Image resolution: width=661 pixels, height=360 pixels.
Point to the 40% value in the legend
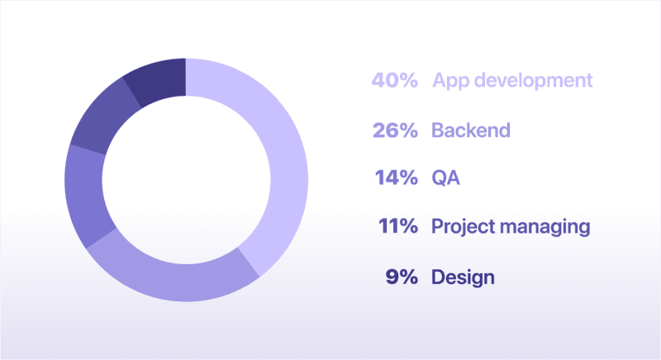(x=395, y=80)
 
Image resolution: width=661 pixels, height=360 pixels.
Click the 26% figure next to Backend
(x=396, y=130)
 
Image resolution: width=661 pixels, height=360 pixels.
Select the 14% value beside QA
(x=397, y=178)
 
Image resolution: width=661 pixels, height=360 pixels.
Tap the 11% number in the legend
(x=398, y=226)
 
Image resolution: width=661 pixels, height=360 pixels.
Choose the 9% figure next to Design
(x=402, y=277)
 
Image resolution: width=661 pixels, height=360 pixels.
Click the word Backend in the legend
(x=471, y=130)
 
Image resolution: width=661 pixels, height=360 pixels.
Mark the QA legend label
(x=445, y=178)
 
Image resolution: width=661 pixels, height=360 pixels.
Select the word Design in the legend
(x=463, y=278)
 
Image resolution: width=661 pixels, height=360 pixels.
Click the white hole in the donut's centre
(x=186, y=180)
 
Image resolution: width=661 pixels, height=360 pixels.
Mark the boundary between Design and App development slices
(x=185, y=77)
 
